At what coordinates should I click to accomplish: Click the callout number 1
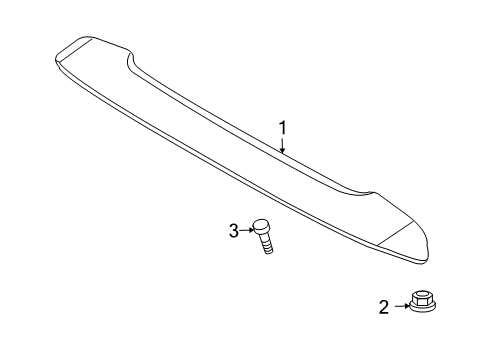click(x=283, y=128)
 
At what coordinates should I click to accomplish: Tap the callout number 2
click(x=383, y=308)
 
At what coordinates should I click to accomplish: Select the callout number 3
click(x=233, y=231)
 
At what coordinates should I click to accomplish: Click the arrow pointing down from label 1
click(x=283, y=146)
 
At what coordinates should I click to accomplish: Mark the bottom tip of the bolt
click(x=268, y=251)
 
